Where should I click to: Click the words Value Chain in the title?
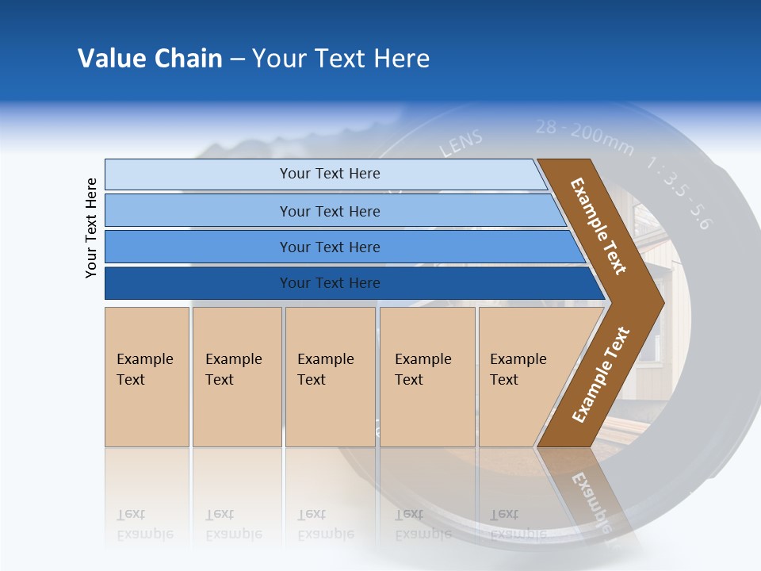pos(150,59)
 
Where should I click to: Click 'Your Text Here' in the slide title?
pos(341,59)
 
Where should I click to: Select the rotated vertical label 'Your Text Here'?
pos(91,228)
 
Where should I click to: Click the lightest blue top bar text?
pos(330,174)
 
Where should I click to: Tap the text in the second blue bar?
pos(330,212)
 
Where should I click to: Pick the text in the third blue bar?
pos(330,247)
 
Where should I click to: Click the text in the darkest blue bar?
pos(330,283)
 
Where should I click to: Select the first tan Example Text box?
pos(146,370)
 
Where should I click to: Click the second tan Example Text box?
pos(235,370)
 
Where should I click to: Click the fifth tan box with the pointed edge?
pos(520,370)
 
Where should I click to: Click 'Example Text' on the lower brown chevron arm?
pos(600,375)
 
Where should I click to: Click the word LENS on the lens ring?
pos(461,144)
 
